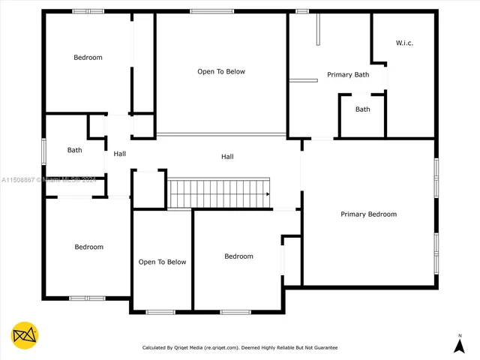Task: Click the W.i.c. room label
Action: (404, 43)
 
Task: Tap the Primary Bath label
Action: (348, 74)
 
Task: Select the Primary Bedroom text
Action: (368, 214)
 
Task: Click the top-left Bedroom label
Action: (88, 58)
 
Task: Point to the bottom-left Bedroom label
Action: (88, 247)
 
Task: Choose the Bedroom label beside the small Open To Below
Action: (238, 256)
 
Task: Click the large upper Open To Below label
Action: (221, 72)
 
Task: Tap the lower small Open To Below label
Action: (162, 262)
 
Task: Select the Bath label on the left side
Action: (74, 150)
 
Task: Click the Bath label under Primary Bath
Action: (362, 109)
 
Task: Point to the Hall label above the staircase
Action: (227, 157)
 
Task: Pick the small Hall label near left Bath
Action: (119, 154)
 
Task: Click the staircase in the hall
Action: (217, 193)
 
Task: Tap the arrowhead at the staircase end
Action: (266, 194)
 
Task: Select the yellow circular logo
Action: (25, 335)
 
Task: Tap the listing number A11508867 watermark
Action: (19, 180)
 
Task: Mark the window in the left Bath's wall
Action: (44, 150)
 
